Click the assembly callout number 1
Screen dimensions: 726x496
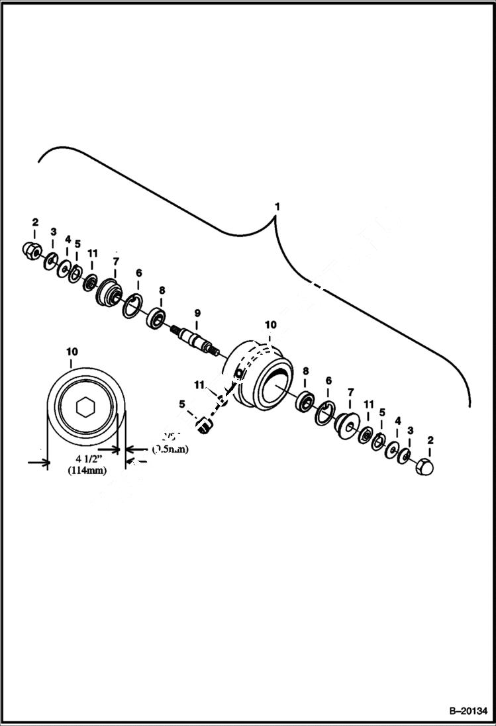click(x=277, y=207)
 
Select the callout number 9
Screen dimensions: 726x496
click(x=196, y=312)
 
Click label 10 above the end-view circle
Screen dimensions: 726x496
click(x=72, y=354)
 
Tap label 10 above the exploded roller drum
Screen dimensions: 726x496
click(x=270, y=325)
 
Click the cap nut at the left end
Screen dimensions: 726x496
click(x=30, y=250)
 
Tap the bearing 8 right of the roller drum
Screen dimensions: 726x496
click(x=305, y=401)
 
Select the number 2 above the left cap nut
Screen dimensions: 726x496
click(x=36, y=222)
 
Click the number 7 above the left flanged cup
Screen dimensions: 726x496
click(x=115, y=261)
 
